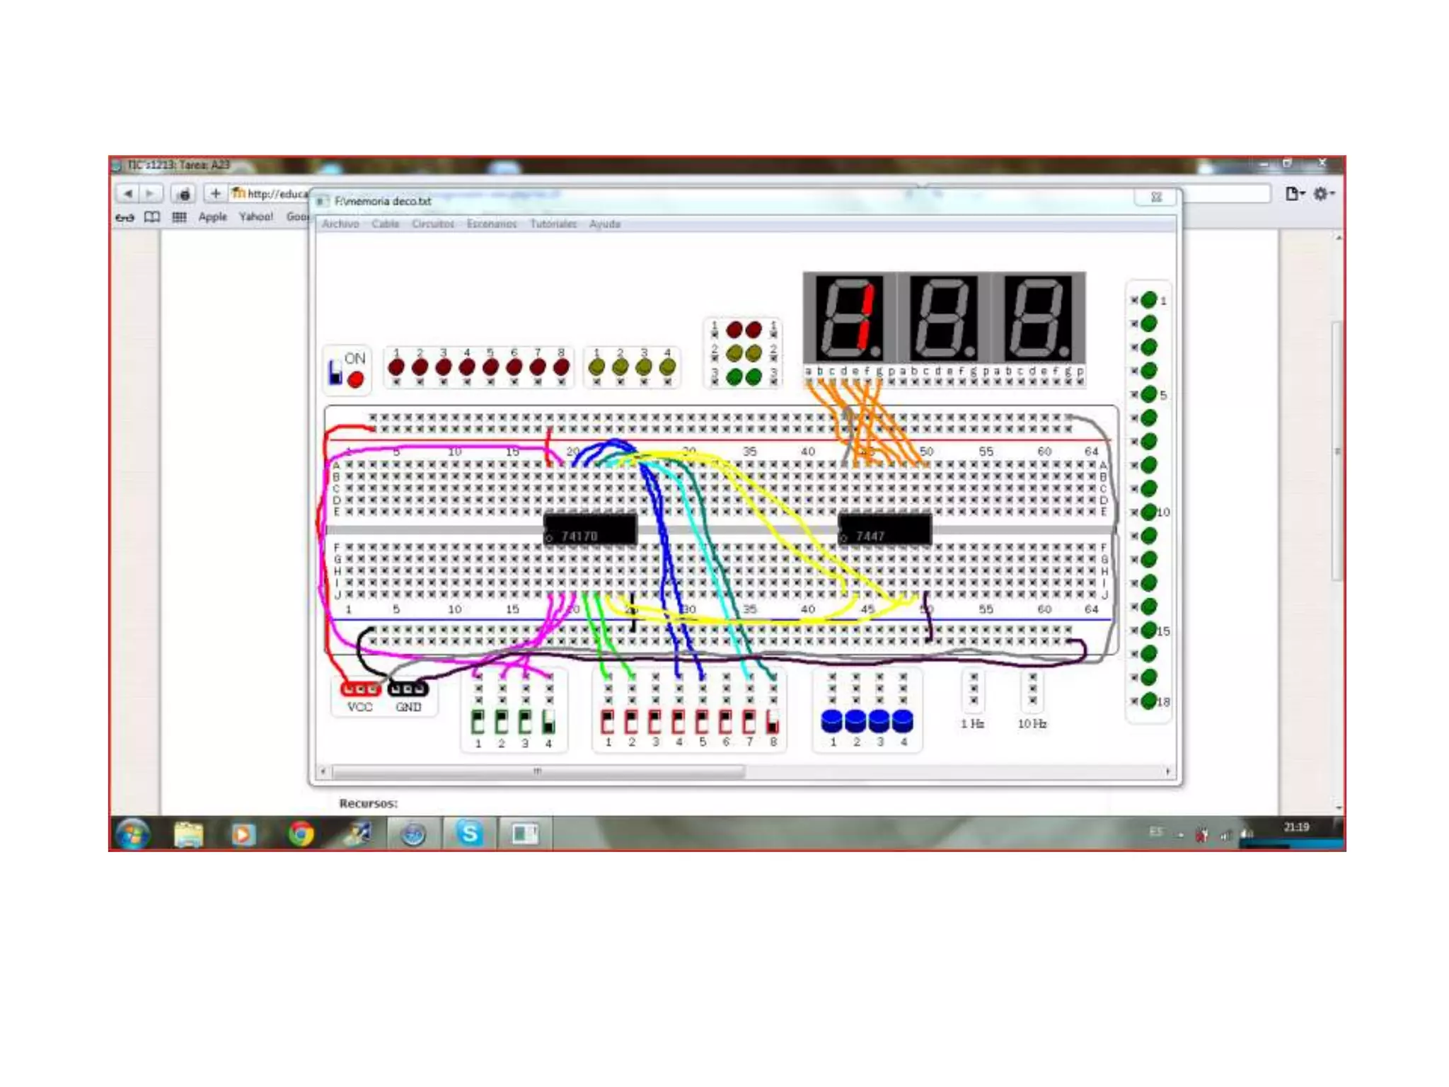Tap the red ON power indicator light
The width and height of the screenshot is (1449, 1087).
(355, 380)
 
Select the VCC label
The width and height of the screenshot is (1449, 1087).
(359, 707)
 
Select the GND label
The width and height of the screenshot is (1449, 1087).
(408, 707)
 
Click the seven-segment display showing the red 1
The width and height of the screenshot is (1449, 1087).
(849, 319)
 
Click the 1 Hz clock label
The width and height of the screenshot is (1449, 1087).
(972, 723)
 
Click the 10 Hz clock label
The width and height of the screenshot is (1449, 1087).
(1032, 723)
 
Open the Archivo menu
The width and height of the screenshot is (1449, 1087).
(340, 224)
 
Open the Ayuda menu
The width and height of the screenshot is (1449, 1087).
(604, 224)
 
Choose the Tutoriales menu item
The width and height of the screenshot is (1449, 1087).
(553, 224)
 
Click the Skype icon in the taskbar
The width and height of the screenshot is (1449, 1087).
(469, 833)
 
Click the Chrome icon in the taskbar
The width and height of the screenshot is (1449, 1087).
(301, 834)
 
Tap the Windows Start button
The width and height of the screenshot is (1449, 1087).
(133, 834)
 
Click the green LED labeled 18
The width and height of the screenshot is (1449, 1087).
(1148, 701)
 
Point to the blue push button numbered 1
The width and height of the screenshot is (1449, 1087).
(832, 721)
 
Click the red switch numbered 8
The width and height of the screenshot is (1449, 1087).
(773, 722)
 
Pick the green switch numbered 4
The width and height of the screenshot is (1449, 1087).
(548, 723)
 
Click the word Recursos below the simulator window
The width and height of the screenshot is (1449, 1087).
(368, 803)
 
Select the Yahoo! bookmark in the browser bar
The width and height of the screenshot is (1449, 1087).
(255, 217)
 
